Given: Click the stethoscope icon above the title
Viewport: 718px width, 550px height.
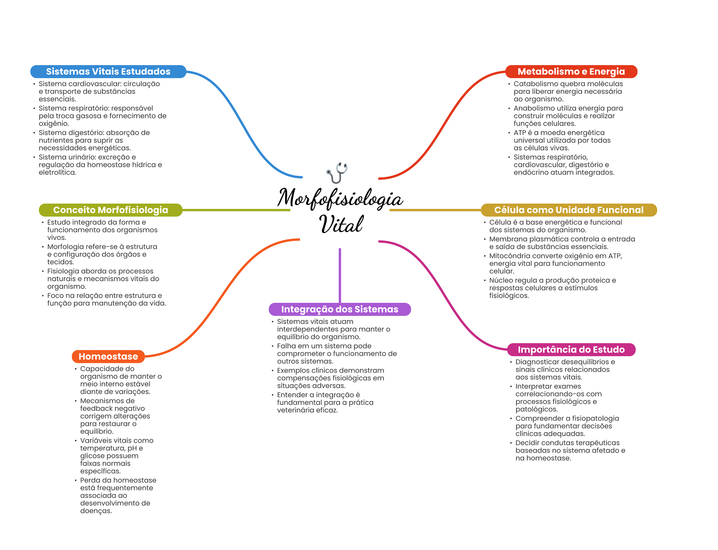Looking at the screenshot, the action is point(337,172).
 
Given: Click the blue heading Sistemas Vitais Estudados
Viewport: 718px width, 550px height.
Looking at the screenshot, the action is point(108,72).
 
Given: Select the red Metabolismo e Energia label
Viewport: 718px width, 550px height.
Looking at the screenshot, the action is point(571,72).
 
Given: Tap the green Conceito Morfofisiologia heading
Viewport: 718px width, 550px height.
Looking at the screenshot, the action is point(110,210).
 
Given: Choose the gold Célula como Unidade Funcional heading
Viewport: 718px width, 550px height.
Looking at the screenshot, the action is point(569,210).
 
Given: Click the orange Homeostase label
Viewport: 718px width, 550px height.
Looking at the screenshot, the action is point(108,357).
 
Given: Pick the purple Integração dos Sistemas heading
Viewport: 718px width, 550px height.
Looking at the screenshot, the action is point(340,309).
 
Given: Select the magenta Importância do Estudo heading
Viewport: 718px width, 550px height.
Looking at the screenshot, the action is point(571,349).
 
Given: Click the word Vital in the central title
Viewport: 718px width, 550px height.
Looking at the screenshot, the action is point(341,224).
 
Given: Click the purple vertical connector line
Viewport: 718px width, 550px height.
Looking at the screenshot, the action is point(340,276).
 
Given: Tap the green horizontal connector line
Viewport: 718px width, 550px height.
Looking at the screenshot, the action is point(236,210).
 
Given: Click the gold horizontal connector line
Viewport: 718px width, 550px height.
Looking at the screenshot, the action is point(435,210).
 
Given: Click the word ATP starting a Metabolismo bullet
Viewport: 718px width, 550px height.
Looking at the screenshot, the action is point(520,133).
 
